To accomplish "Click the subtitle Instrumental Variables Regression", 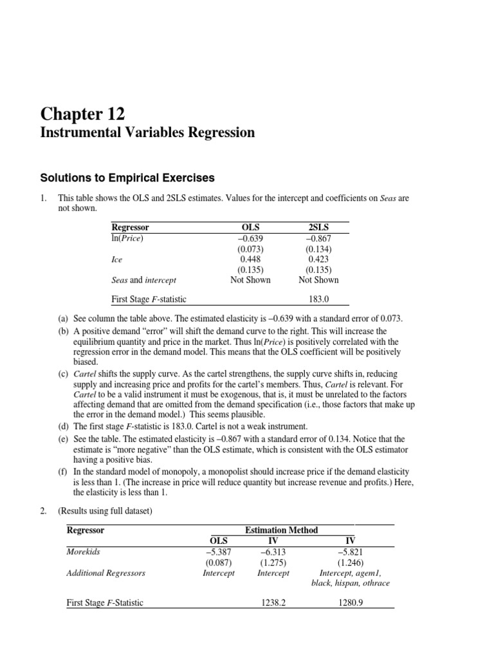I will click(x=148, y=133).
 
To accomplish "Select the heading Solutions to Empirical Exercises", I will click(x=127, y=178).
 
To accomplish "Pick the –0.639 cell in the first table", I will click(x=250, y=238).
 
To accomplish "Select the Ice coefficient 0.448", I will click(x=250, y=259).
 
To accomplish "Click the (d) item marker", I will click(x=63, y=426).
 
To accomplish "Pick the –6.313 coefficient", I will click(x=273, y=552).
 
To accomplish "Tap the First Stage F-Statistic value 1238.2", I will click(x=273, y=603).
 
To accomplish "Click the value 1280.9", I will click(x=350, y=603).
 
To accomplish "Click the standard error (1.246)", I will click(x=350, y=562).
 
